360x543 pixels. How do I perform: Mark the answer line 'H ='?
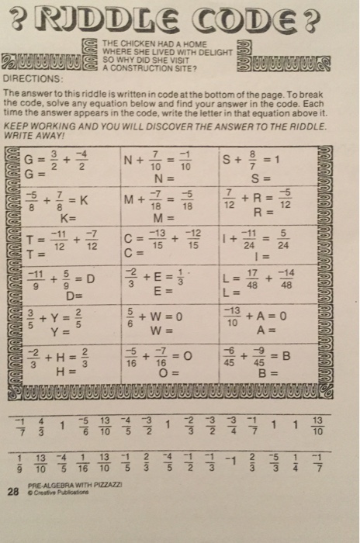coord(65,371)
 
